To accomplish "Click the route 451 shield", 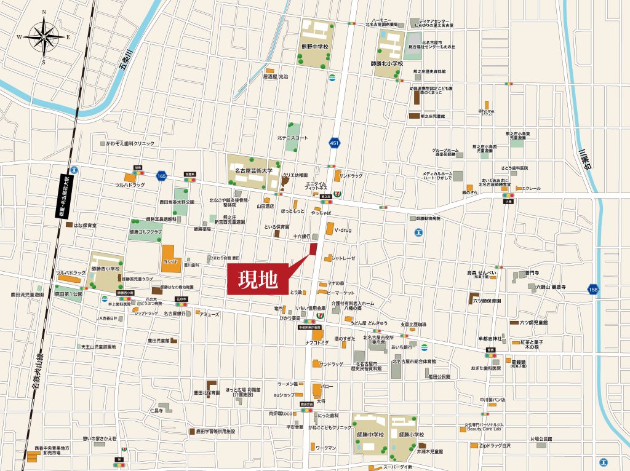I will coord(334,143).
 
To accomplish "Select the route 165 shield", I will coord(161,176).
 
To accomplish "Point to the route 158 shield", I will coord(592,289).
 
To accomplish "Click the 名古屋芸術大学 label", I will coord(254,170).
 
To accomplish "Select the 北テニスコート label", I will coord(292,138).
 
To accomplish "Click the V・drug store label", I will coord(345,230).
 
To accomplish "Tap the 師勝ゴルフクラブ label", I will coord(146,232).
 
